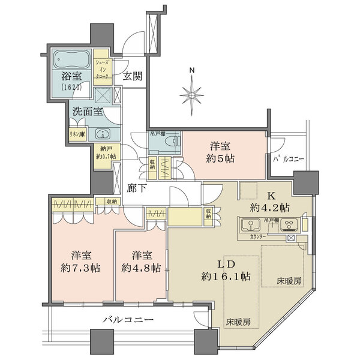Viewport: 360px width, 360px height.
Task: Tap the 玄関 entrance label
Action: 132,76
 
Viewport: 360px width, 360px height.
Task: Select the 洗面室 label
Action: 88,112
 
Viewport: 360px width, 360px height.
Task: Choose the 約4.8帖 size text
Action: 140,266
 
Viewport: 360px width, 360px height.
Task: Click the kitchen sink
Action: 248,227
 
